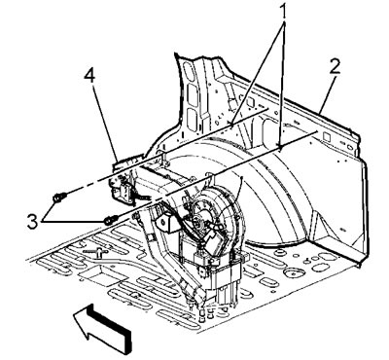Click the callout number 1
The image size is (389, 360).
(284, 12)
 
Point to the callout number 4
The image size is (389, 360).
(89, 78)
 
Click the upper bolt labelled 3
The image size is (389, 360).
(59, 197)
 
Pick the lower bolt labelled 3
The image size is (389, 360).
(111, 220)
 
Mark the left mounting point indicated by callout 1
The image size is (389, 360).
(231, 124)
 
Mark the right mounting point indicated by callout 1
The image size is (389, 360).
(280, 147)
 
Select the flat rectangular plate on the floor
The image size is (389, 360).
(94, 274)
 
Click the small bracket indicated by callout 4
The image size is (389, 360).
(123, 190)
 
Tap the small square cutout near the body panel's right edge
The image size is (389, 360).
(327, 137)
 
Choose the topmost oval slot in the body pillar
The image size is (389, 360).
(187, 69)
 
